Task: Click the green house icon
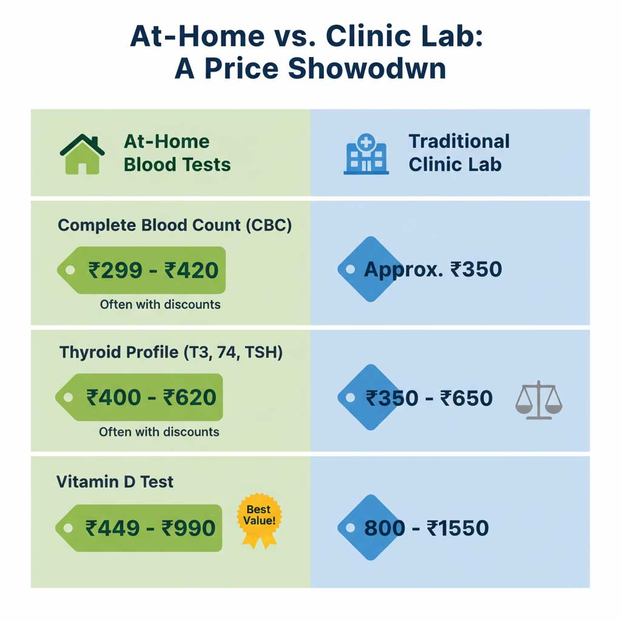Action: pyautogui.click(x=82, y=154)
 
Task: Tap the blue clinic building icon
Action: pyautogui.click(x=366, y=155)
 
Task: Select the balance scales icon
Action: pyautogui.click(x=539, y=400)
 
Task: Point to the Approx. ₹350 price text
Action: pyautogui.click(x=433, y=269)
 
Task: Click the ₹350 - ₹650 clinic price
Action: pyautogui.click(x=429, y=398)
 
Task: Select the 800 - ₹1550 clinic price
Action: pyautogui.click(x=426, y=528)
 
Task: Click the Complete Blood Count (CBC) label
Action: pyautogui.click(x=175, y=226)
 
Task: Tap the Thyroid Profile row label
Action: pyautogui.click(x=171, y=352)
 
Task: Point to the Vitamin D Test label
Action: pyautogui.click(x=115, y=482)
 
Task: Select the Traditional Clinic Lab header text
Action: pyautogui.click(x=458, y=153)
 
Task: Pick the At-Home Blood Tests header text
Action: pyautogui.click(x=177, y=153)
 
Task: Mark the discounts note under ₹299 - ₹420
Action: pyautogui.click(x=160, y=304)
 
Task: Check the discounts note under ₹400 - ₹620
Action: pyautogui.click(x=159, y=432)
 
